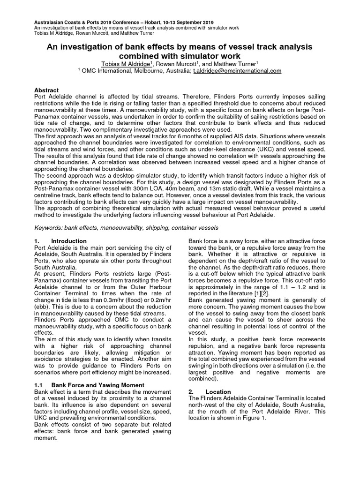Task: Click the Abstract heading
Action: [x=47, y=90]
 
